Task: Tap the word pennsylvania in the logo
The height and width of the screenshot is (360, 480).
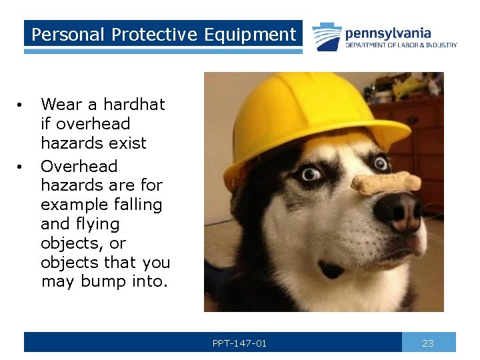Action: (x=388, y=33)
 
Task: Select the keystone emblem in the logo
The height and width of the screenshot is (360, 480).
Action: (x=327, y=37)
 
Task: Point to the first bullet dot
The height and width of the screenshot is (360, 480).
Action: (x=21, y=105)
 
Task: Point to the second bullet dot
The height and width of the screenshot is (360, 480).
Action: (x=21, y=167)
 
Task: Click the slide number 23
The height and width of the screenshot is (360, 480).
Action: (x=428, y=343)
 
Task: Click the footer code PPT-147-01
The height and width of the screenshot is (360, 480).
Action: (x=239, y=343)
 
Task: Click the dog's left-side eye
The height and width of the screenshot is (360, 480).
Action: (x=310, y=175)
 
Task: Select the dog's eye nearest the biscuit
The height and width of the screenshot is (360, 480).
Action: (x=381, y=162)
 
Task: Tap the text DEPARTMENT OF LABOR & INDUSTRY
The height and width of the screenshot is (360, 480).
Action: (x=401, y=45)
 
